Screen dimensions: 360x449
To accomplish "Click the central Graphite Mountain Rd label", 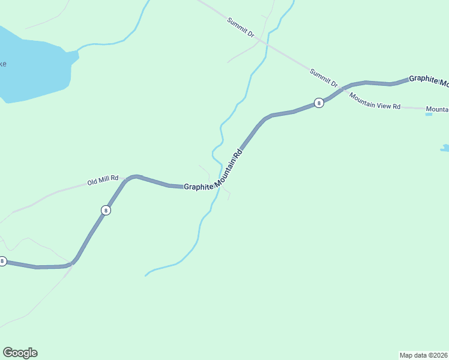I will tap(213, 173).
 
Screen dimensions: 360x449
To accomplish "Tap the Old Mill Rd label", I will tap(103, 181).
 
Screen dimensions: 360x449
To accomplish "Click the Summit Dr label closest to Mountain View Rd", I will tap(324, 78).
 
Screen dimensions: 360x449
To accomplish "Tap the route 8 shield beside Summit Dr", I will tap(319, 103).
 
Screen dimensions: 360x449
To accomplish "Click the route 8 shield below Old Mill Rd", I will tap(106, 210).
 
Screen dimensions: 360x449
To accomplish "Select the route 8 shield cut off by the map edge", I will tap(2, 261).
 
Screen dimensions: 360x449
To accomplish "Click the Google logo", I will tap(20, 353).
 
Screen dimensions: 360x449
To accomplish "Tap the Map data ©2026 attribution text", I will tap(424, 355).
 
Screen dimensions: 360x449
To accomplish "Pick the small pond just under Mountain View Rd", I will tap(429, 113).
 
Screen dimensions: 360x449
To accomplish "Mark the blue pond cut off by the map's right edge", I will tap(445, 148).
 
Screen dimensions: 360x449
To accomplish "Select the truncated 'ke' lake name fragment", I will tap(3, 64).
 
